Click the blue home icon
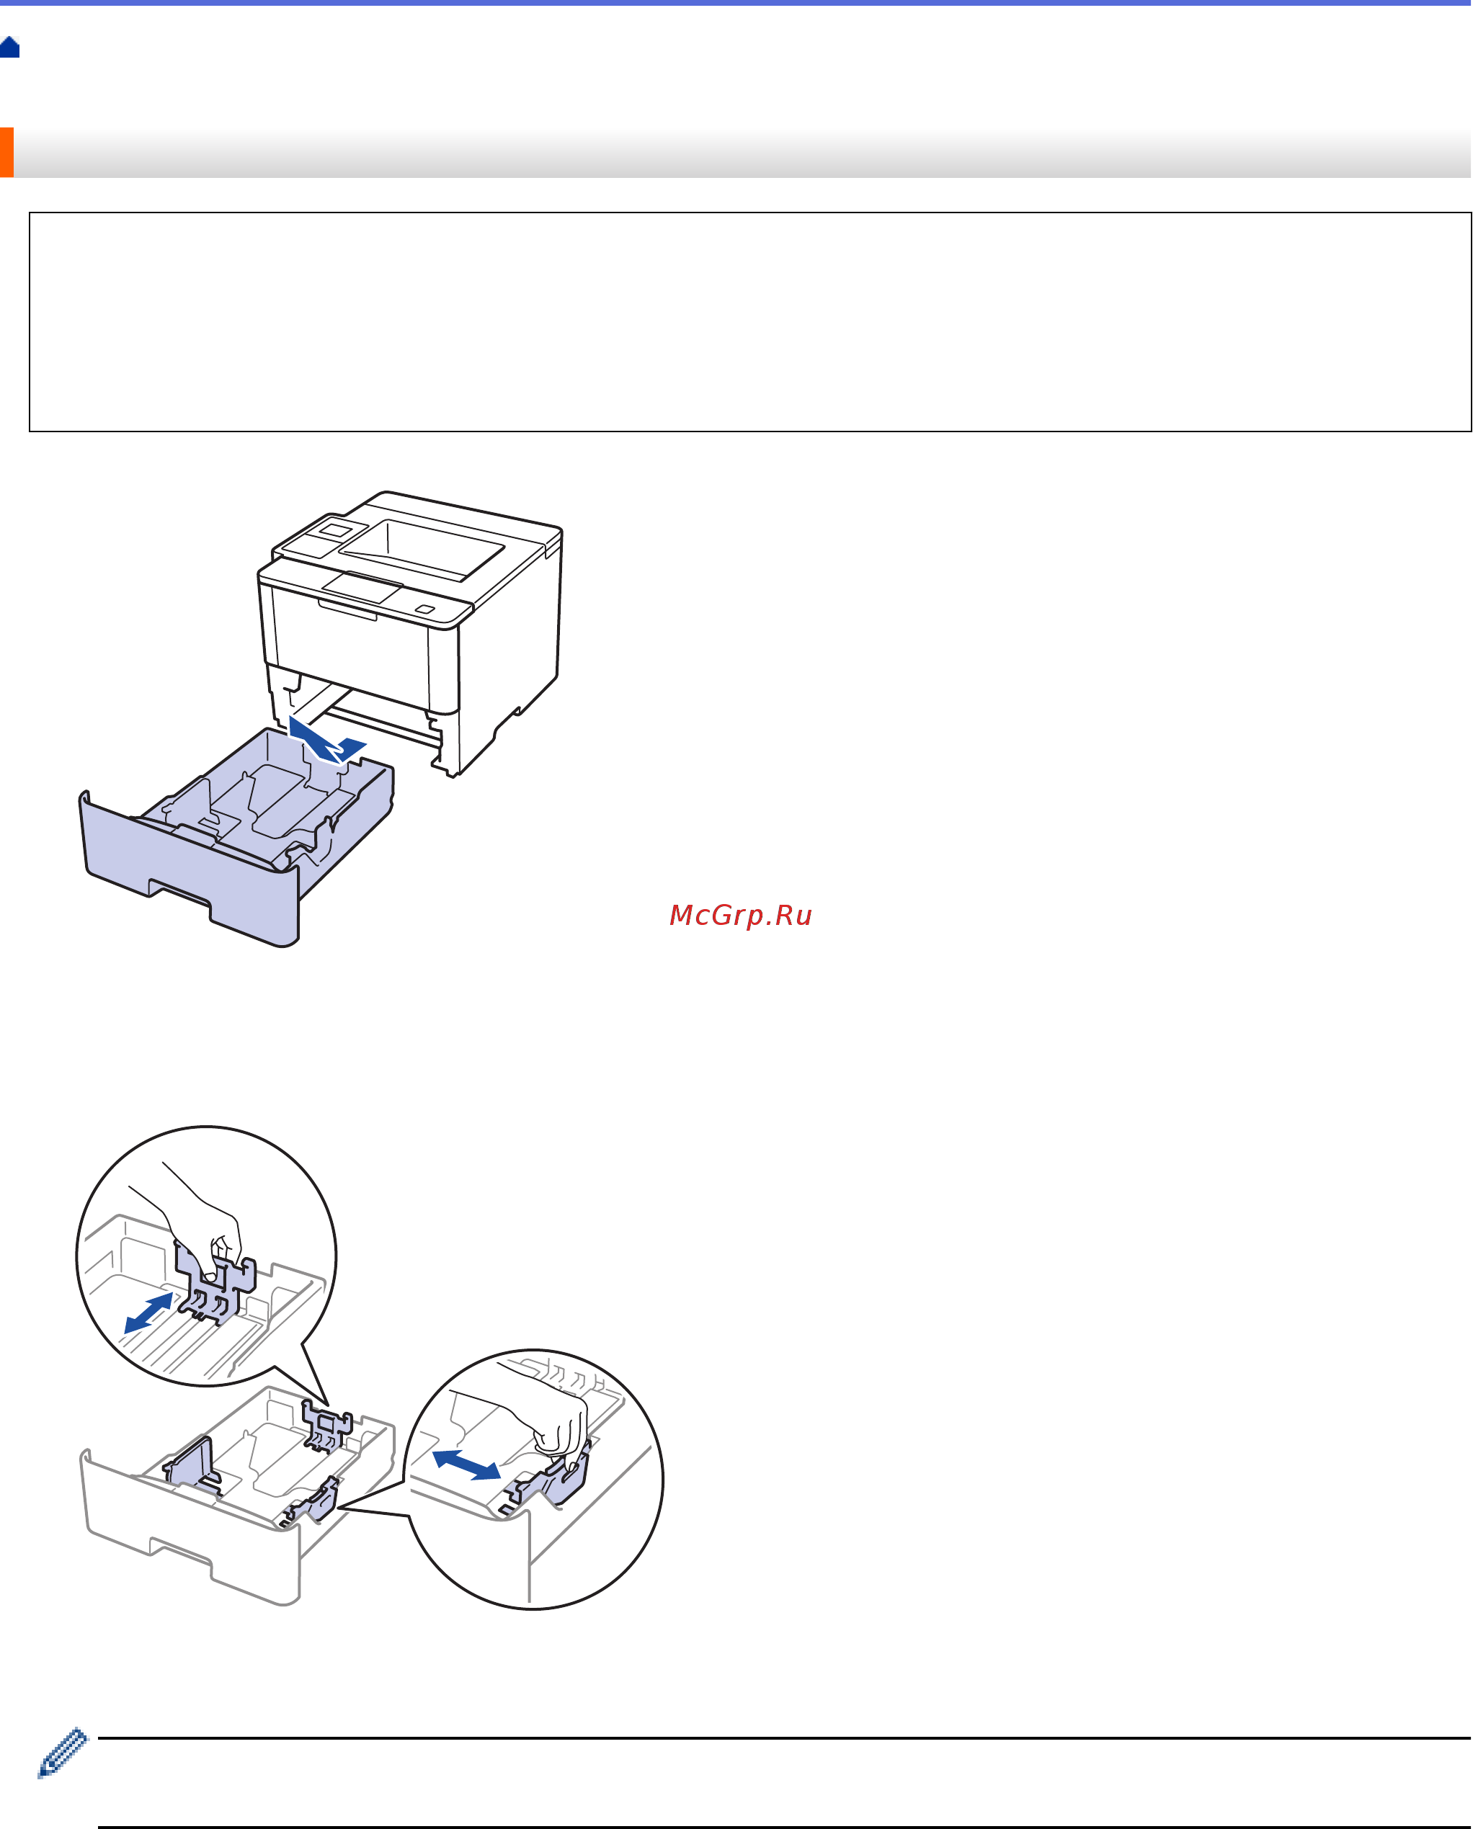pos(10,48)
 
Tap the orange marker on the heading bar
pos(6,153)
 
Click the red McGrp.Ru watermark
pos(741,915)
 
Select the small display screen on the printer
pos(337,530)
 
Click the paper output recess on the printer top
pos(422,550)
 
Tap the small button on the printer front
pos(424,609)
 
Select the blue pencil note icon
pos(63,1752)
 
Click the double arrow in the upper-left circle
pos(148,1313)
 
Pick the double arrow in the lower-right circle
pos(466,1463)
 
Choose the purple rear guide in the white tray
pos(326,1426)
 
